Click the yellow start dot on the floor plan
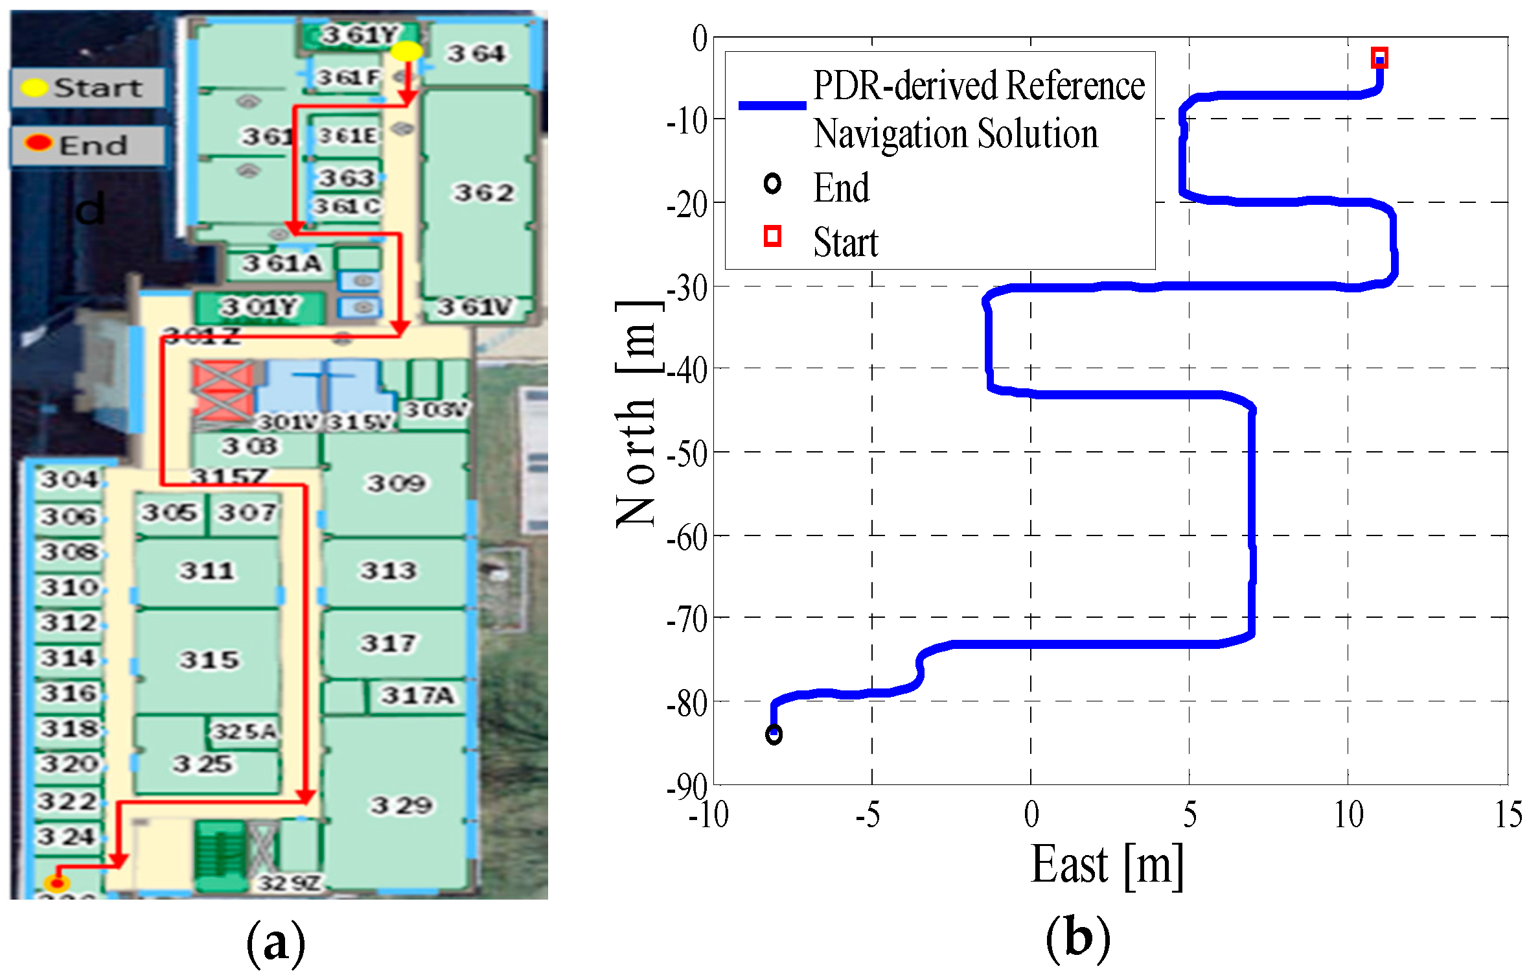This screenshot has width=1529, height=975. [x=407, y=51]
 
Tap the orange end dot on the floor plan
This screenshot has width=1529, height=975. [x=57, y=882]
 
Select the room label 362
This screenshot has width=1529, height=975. [x=483, y=193]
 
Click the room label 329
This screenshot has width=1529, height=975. [x=401, y=805]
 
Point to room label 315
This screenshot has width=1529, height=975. [x=209, y=660]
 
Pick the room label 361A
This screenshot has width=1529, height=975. [x=282, y=264]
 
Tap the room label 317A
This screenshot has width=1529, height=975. [x=417, y=696]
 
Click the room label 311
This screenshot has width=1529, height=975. [x=207, y=570]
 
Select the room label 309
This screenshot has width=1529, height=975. [x=396, y=483]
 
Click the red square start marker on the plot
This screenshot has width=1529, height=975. [x=1379, y=58]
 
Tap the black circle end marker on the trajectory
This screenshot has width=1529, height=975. [x=774, y=734]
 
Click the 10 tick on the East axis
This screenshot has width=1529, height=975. [x=1348, y=815]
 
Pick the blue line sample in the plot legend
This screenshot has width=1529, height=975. [x=772, y=105]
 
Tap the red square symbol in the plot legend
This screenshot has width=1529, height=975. [x=772, y=236]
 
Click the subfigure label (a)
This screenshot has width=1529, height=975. [x=275, y=944]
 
